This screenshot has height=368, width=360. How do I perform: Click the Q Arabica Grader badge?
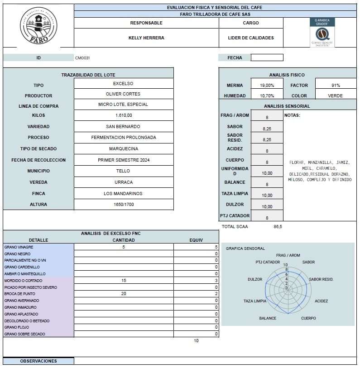[322, 32]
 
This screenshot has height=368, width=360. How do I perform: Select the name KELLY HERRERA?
[146, 38]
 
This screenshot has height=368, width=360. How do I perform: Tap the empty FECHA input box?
[267, 57]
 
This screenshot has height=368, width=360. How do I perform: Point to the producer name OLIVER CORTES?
[123, 94]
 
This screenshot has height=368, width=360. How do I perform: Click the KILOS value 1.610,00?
[123, 115]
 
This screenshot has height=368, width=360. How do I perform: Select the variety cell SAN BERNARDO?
[123, 126]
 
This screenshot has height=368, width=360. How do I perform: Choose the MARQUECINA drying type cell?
[123, 148]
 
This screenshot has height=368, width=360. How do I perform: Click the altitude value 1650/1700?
[123, 205]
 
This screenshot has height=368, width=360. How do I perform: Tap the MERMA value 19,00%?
[267, 85]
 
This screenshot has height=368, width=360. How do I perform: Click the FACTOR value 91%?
[336, 85]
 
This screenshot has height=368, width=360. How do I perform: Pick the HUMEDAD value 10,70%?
[267, 96]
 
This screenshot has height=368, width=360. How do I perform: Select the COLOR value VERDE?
[336, 96]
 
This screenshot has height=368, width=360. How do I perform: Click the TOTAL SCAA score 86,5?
[278, 226]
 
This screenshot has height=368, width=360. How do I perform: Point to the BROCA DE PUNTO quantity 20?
[124, 294]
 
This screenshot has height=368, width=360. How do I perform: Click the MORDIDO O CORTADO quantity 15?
[124, 281]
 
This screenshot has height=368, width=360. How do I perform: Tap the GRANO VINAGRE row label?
[19, 247]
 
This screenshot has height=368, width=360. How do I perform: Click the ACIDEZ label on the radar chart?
[321, 301]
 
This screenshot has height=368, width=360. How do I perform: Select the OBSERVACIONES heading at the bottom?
[38, 361]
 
